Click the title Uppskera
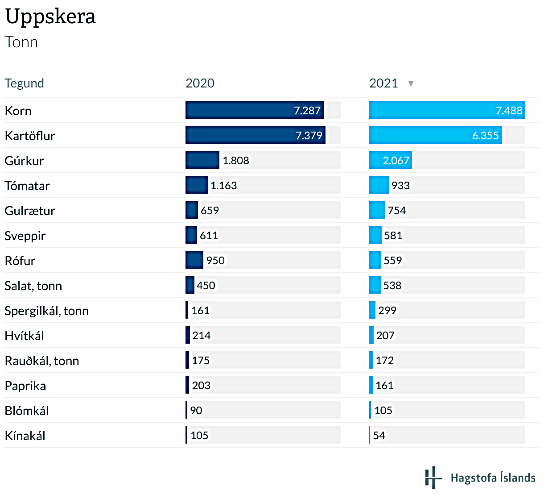tap(50, 17)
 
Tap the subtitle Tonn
tap(21, 42)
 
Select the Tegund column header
tap(24, 83)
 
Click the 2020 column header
tap(200, 83)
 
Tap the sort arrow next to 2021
tap(411, 83)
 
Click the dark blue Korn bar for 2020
tap(254, 110)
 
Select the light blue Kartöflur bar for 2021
tap(435, 135)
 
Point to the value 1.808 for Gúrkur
tap(236, 161)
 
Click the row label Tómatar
tap(27, 186)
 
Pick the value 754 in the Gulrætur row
tap(397, 211)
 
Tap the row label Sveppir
tap(25, 236)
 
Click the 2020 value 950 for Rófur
tap(215, 261)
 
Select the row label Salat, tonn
tap(33, 286)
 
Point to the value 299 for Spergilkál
tap(387, 311)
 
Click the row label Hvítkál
tap(24, 336)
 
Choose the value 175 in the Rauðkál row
tap(201, 361)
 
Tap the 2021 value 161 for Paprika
tap(384, 386)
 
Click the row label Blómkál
tap(27, 411)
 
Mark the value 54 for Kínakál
tap(379, 436)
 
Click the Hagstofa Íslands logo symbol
tap(432, 477)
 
